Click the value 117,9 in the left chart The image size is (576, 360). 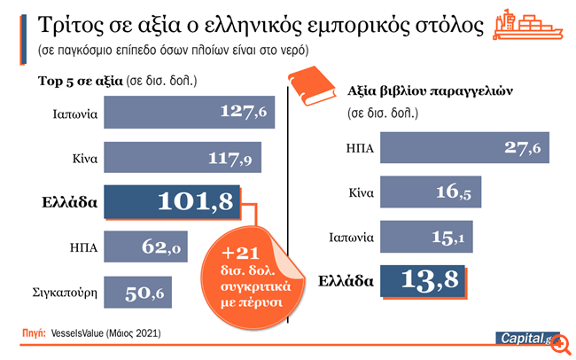pos(233,159)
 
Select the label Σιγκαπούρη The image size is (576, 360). pos(66,291)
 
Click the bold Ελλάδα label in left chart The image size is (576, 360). pos(69,202)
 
